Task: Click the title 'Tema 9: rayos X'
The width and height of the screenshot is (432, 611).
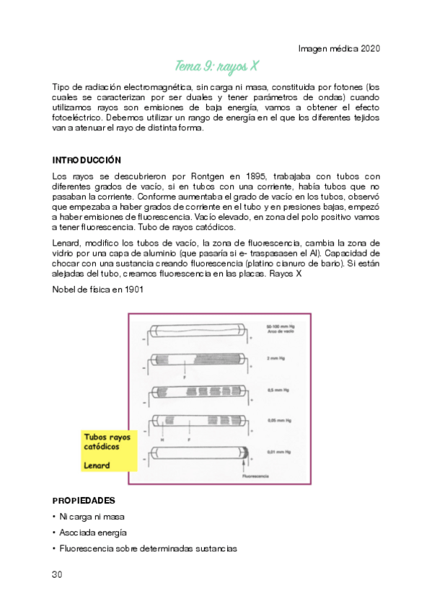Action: coord(216,67)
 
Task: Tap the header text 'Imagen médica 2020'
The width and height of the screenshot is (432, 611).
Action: coord(339,48)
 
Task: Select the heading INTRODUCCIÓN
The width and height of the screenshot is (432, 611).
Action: coord(87,159)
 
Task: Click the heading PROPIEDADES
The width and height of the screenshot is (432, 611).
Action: coord(84,500)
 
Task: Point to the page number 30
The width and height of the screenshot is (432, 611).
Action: coord(58,574)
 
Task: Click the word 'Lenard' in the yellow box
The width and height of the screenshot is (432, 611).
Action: coord(97,465)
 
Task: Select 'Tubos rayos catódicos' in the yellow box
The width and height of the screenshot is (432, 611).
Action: coord(107,442)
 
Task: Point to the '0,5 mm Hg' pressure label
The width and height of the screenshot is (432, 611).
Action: coord(276,389)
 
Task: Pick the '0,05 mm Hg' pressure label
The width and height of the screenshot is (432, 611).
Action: coord(277,421)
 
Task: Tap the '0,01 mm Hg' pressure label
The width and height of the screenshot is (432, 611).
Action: coord(277,452)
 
